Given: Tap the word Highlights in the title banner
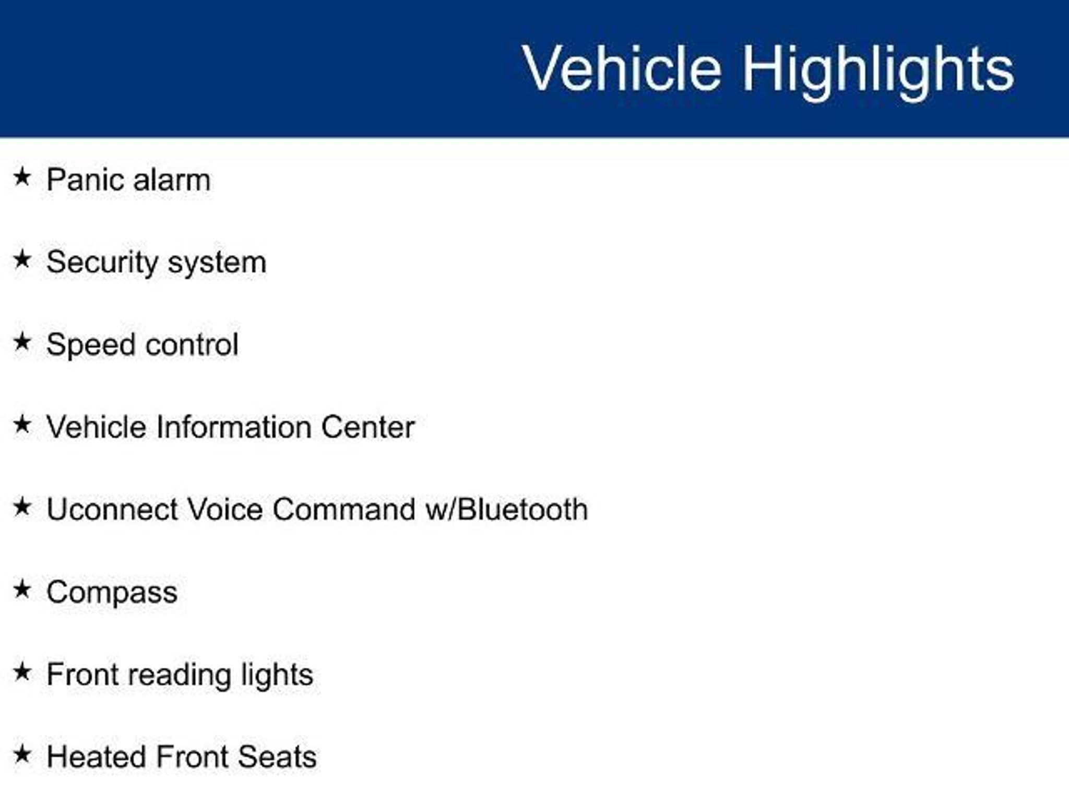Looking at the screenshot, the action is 878,71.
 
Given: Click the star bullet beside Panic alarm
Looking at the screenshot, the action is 22,177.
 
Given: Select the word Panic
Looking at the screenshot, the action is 85,180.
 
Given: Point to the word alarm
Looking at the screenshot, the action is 172,180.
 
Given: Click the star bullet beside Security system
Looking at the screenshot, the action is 22,260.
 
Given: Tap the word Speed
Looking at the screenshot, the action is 89,345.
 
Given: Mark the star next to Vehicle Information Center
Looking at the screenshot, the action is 22,424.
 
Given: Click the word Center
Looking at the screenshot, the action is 367,427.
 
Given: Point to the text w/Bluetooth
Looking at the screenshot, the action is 506,509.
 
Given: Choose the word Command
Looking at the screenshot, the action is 344,509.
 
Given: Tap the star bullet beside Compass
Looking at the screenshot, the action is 22,589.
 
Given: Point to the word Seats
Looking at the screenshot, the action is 277,757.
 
